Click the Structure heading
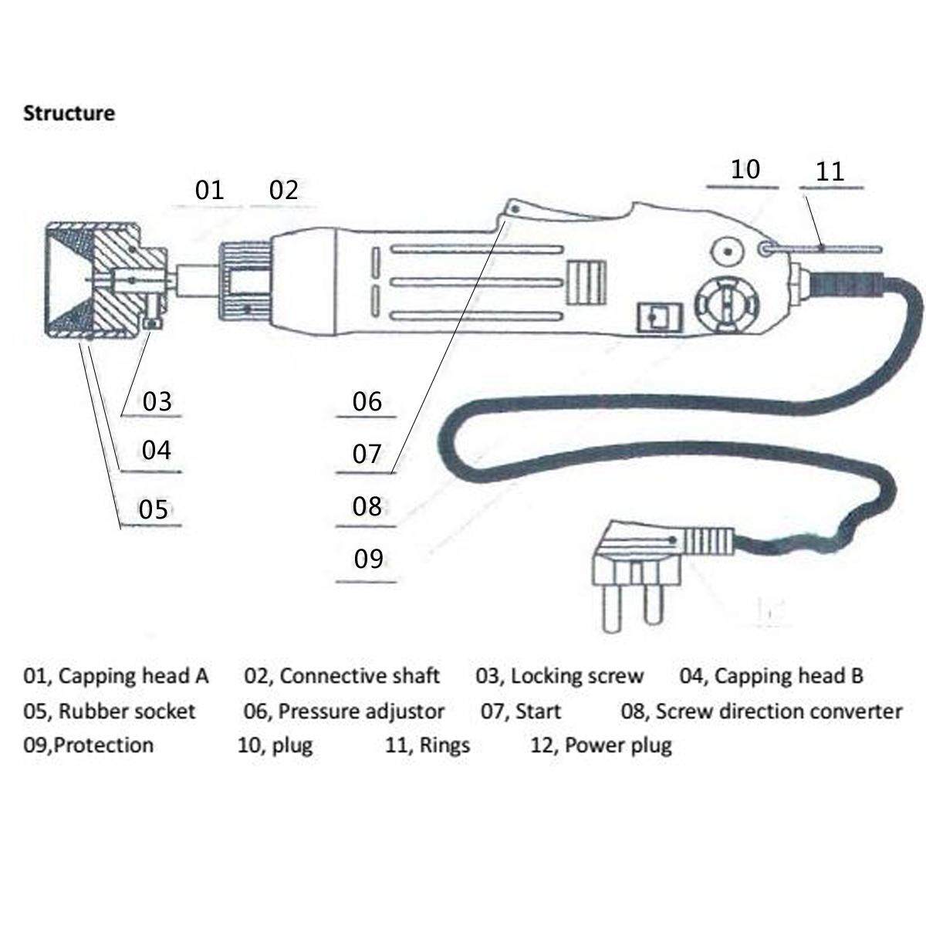[x=69, y=113]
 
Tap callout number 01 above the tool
[x=208, y=190]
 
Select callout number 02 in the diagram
[x=283, y=190]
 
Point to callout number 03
[x=157, y=401]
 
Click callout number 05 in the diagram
[x=153, y=509]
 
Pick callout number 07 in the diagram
[x=367, y=454]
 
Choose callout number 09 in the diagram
[x=368, y=559]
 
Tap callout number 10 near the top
[x=745, y=169]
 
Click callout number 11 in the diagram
[x=830, y=171]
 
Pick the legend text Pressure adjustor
[x=360, y=711]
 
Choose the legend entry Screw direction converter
[x=779, y=711]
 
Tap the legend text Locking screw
[x=576, y=677]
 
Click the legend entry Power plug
[x=618, y=745]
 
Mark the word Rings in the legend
[x=444, y=745]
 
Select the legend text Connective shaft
[x=359, y=677]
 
